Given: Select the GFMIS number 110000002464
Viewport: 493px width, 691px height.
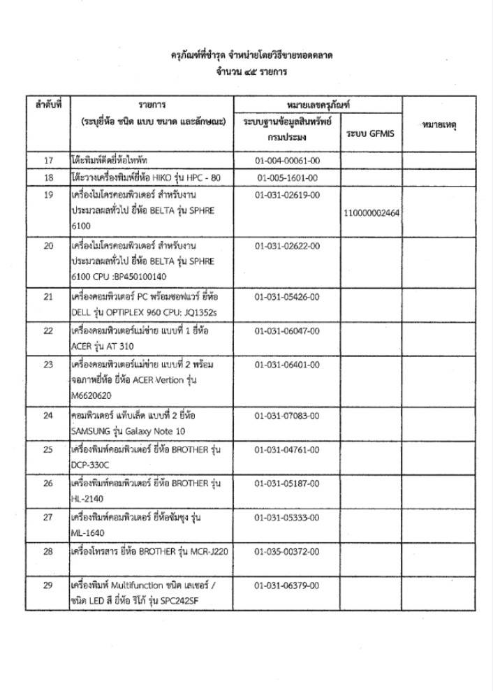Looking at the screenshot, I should point(371,212).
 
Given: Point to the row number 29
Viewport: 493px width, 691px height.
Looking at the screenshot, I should point(48,585).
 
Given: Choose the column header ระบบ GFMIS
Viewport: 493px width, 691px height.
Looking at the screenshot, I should point(370,133).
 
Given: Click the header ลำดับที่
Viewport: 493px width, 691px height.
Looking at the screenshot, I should point(48,104).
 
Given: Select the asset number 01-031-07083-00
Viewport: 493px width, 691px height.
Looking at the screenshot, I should point(287,416).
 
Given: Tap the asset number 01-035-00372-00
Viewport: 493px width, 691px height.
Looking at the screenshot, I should point(287,551).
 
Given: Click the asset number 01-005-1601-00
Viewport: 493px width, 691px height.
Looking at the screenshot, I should point(287,178).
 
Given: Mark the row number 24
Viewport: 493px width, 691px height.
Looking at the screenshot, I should point(48,416).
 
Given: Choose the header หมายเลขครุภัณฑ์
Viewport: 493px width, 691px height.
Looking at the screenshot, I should point(318,104).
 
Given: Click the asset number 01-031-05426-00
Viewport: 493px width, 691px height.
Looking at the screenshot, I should point(287,297).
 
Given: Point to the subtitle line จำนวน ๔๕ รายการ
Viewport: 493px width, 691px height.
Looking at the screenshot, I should point(246,71).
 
